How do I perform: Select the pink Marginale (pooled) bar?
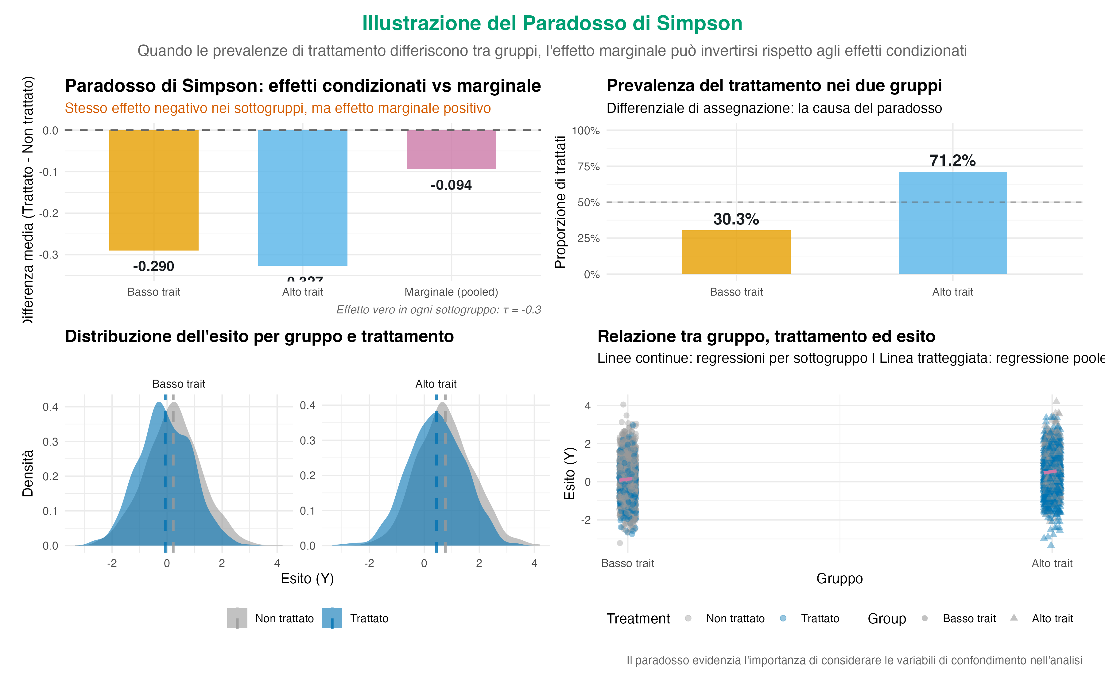pyautogui.click(x=452, y=149)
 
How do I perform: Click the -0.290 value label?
pyautogui.click(x=153, y=266)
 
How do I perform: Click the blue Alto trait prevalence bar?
pyautogui.click(x=952, y=223)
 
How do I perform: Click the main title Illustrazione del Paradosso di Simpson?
pyautogui.click(x=552, y=23)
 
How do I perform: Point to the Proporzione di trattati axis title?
pyautogui.click(x=560, y=202)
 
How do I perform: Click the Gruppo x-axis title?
pyautogui.click(x=839, y=578)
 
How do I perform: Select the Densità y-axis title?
pyautogui.click(x=28, y=473)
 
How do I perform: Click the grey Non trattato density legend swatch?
pyautogui.click(x=237, y=618)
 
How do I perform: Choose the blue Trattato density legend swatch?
pyautogui.click(x=332, y=618)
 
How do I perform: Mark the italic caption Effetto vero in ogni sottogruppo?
pyautogui.click(x=438, y=310)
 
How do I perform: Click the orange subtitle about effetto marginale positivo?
pyautogui.click(x=277, y=108)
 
